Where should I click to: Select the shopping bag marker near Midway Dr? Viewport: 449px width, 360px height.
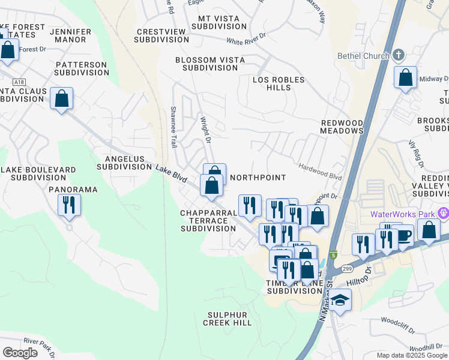coord(406,78)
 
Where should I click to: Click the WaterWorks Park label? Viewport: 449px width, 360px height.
coord(403,214)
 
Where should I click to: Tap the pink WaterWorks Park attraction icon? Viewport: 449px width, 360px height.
coord(444,213)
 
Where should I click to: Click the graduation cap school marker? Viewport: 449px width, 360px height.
coord(340,301)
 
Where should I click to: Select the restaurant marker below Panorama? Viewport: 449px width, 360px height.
coord(69,205)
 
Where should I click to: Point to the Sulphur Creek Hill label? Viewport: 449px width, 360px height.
coord(229,319)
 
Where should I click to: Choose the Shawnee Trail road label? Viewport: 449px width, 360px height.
coord(173,132)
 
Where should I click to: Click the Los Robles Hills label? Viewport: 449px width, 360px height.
coord(279,83)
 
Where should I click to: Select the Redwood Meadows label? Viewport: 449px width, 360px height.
coord(342,126)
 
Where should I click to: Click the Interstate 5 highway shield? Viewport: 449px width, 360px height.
coord(333,255)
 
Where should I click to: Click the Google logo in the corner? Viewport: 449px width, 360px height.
coord(20,353)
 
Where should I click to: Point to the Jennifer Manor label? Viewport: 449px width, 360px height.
coord(71,35)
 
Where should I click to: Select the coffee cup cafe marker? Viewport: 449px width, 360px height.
coord(403,235)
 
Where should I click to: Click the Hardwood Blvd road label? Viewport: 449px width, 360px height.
coord(319,173)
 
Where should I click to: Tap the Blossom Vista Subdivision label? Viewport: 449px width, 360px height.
coord(206,64)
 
